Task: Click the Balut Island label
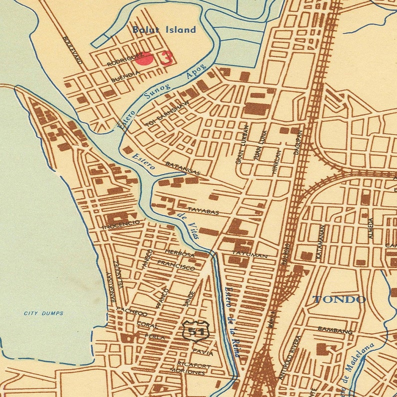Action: click(x=164, y=30)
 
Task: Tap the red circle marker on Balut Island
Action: click(x=144, y=59)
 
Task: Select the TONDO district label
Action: click(x=339, y=300)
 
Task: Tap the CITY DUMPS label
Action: click(x=44, y=313)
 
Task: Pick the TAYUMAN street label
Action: click(x=253, y=256)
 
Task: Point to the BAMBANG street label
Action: click(x=335, y=330)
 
